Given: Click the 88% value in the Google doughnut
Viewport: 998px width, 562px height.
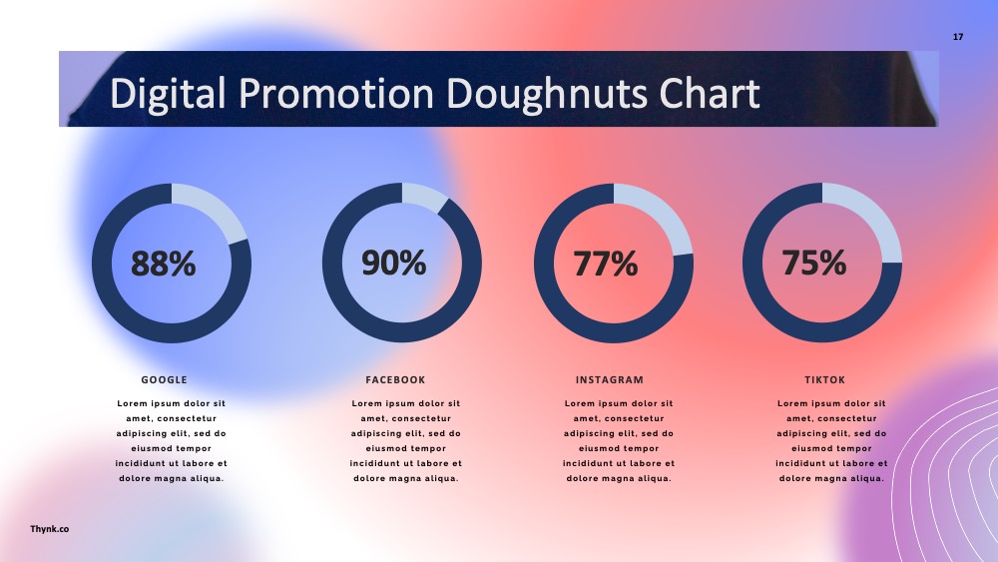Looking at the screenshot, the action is pos(164,264).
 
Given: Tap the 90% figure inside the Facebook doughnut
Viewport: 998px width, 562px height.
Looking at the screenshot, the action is pos(394,263).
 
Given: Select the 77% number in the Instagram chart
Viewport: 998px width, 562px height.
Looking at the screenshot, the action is pos(606,264).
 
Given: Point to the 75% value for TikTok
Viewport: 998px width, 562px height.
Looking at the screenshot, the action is pos(814,263).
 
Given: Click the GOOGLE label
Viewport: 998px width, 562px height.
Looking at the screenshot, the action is pos(165,380).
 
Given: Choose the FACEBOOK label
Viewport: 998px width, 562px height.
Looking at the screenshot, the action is pos(395,380).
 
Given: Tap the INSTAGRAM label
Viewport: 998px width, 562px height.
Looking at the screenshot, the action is pos(610,380).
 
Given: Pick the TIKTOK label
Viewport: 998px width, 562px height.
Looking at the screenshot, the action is pos(825,380).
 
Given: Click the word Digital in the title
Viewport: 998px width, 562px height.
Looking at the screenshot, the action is pos(168,94).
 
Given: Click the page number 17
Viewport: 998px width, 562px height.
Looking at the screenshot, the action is pos(958,37).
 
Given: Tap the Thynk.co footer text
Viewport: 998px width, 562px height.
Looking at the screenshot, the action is pos(50,529).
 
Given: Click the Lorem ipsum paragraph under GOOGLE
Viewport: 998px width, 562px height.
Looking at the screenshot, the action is pos(172,441).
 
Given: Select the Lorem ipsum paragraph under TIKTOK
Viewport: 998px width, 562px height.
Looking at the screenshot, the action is pos(831,441).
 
